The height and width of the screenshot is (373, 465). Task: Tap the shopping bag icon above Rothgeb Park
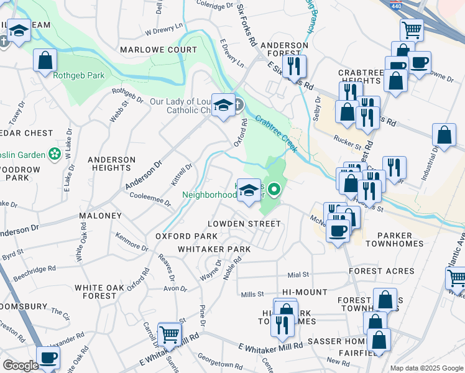click(45, 60)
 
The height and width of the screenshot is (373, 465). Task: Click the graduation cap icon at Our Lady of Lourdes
click(223, 104)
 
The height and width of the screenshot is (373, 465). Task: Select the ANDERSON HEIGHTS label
click(112, 164)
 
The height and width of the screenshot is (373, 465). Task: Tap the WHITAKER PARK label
click(214, 249)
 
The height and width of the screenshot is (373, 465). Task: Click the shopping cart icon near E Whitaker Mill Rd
click(169, 334)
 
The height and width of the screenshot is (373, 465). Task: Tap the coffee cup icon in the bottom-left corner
click(48, 357)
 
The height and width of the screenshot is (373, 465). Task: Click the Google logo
click(21, 366)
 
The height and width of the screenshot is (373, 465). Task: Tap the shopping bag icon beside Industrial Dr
click(444, 134)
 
